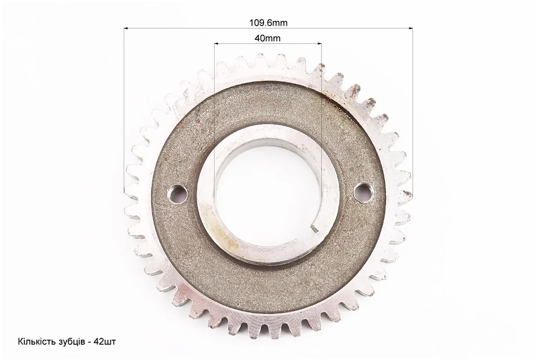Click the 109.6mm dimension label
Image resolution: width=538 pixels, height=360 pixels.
click(268, 23)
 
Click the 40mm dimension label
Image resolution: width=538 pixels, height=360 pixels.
click(267, 38)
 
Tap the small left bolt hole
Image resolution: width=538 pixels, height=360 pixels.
click(177, 193)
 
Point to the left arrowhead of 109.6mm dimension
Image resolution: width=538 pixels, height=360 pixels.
click(126, 28)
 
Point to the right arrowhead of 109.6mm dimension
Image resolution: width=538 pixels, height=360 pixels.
click(411, 28)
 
